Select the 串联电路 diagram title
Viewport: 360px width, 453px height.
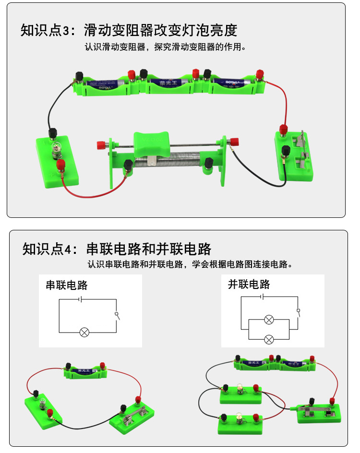point(67,285)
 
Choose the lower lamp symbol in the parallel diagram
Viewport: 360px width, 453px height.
point(269,339)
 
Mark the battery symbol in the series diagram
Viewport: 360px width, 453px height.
point(82,299)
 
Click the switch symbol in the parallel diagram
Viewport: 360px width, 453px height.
point(299,312)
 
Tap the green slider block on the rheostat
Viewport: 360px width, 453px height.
point(153,143)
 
